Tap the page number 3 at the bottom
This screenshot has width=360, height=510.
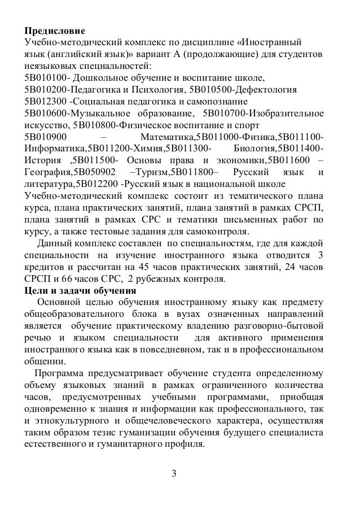coord(174,473)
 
